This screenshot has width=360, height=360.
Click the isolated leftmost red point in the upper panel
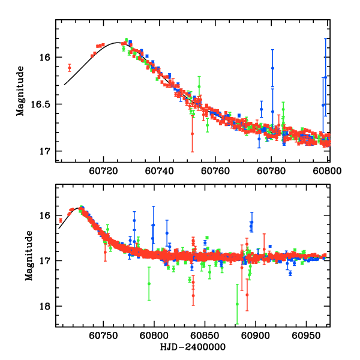click(70, 67)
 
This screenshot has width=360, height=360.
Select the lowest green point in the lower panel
click(238, 304)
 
